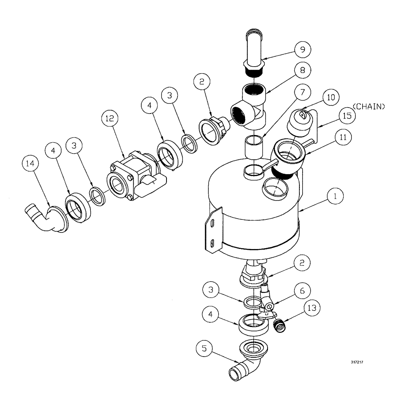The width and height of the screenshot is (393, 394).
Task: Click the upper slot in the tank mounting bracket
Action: tap(213, 224)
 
